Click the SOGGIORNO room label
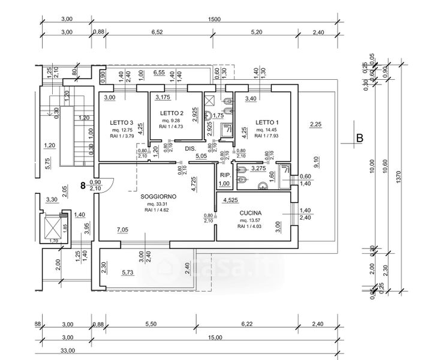pos(158,196)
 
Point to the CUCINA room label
pos(251,213)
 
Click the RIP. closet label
pos(224,175)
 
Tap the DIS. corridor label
pos(191,148)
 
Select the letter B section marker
pos(360,139)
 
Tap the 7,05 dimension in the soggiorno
pos(122,230)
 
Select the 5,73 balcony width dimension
pos(128,273)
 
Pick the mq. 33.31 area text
pos(158,204)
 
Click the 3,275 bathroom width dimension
pos(258,169)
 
